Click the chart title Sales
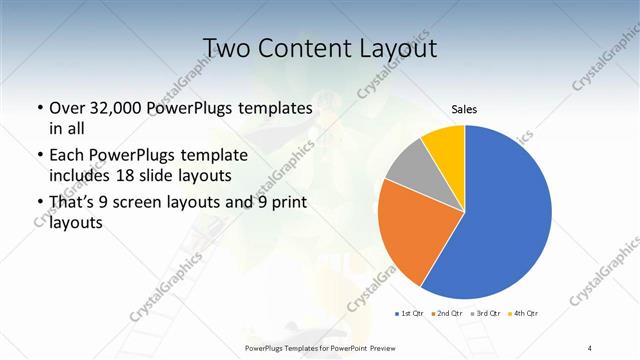click(x=464, y=108)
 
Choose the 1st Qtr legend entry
click(x=410, y=314)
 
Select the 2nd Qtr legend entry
click(x=447, y=314)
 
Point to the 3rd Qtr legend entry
click(x=486, y=314)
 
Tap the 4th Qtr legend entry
click(x=524, y=314)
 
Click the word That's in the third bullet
click(x=72, y=203)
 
